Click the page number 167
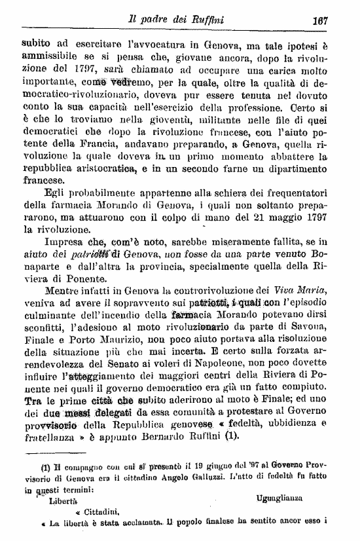320,20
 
